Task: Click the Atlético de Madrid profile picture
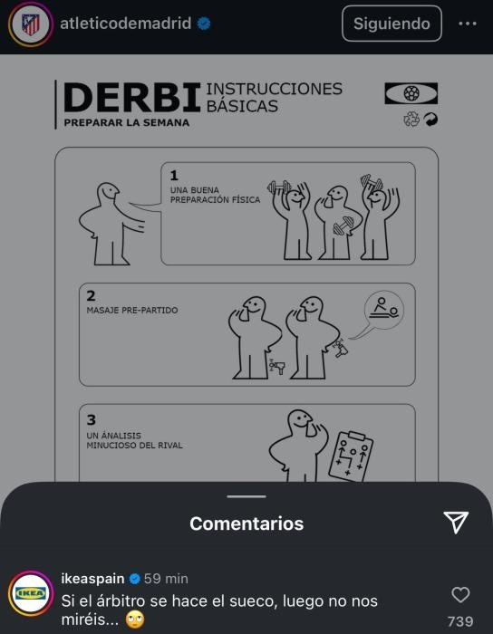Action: (x=31, y=24)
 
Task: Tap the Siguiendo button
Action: (x=391, y=24)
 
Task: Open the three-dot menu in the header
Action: (x=467, y=24)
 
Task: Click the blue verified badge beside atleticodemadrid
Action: (x=204, y=24)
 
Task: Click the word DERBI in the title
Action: (x=132, y=98)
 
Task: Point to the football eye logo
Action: (x=411, y=93)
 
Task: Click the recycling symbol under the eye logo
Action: (x=411, y=120)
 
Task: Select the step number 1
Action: (x=174, y=176)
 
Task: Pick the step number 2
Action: (x=91, y=296)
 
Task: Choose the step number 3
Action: (x=92, y=419)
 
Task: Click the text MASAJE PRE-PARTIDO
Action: (x=132, y=310)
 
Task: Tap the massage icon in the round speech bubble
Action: (x=384, y=310)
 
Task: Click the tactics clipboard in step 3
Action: (x=350, y=456)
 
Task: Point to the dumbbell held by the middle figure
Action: (x=343, y=226)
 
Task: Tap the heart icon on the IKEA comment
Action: (x=460, y=595)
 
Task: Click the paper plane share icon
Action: (x=456, y=523)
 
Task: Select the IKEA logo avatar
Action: (x=31, y=593)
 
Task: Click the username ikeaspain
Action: (x=92, y=579)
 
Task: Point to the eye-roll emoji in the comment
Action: (x=135, y=620)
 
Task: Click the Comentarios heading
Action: (x=246, y=524)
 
